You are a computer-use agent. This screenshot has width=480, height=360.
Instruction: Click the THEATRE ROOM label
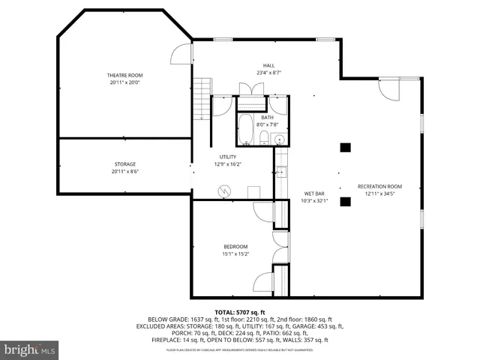pyautogui.click(x=124, y=76)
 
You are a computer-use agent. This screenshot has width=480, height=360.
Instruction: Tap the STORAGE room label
pyautogui.click(x=125, y=163)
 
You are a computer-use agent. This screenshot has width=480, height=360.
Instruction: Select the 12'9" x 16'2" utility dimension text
pyautogui.click(x=227, y=163)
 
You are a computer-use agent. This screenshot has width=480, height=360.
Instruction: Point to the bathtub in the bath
pyautogui.click(x=246, y=130)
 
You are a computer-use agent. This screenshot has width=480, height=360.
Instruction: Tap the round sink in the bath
pyautogui.click(x=278, y=138)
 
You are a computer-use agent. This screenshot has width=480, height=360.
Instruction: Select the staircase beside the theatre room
pyautogui.click(x=201, y=101)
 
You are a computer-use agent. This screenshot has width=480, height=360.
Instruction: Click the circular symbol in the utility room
pyautogui.click(x=223, y=190)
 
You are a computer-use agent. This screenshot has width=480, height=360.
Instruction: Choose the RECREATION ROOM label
pyautogui.click(x=379, y=186)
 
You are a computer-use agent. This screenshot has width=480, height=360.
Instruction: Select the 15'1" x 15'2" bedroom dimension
pyautogui.click(x=235, y=254)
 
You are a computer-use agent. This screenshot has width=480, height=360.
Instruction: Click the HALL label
pyautogui.click(x=268, y=65)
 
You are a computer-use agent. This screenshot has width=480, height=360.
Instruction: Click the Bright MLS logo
pyautogui.click(x=30, y=349)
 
